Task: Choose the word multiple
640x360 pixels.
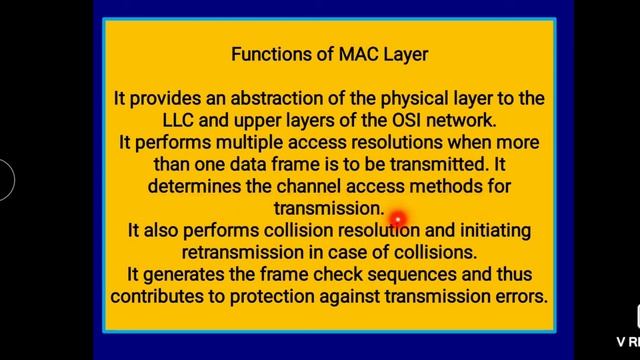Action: tap(237, 142)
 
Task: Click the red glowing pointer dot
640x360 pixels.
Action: tap(397, 218)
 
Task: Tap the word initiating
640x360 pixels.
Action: tap(492, 230)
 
